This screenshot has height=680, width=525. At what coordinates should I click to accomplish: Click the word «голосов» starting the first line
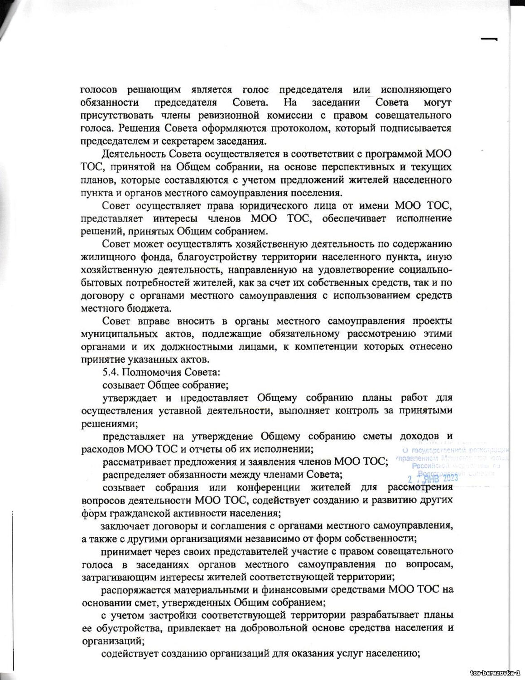(99, 90)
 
